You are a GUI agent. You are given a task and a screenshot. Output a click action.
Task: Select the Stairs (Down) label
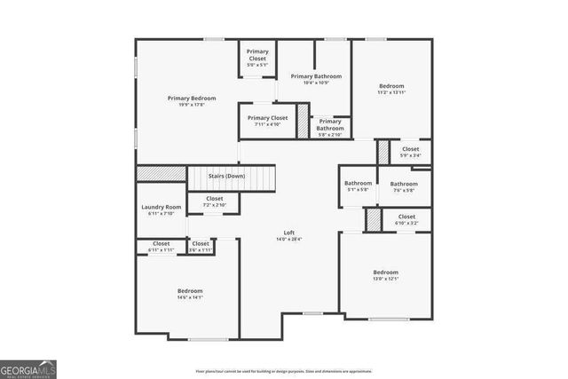pos(226,176)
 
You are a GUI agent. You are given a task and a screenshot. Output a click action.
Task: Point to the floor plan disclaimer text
pos(284,371)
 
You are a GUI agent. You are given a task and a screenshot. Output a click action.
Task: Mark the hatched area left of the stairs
pos(161,173)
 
